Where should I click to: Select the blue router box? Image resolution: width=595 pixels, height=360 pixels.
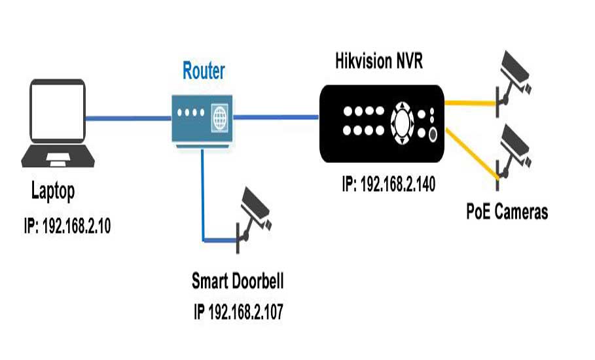pyautogui.click(x=202, y=118)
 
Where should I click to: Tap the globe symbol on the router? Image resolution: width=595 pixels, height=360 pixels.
pyautogui.click(x=219, y=118)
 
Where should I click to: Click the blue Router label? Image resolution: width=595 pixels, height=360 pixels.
pyautogui.click(x=203, y=70)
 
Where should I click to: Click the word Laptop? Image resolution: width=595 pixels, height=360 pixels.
pyautogui.click(x=53, y=192)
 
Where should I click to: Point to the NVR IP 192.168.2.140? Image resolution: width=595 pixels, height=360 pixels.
pyautogui.click(x=389, y=184)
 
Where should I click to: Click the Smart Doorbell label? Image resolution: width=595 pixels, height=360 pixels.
pyautogui.click(x=238, y=282)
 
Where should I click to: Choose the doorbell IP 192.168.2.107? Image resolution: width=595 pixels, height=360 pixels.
pyautogui.click(x=238, y=312)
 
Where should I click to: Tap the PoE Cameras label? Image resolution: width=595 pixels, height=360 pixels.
pyautogui.click(x=507, y=211)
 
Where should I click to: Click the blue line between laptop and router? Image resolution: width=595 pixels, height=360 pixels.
pyautogui.click(x=128, y=118)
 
